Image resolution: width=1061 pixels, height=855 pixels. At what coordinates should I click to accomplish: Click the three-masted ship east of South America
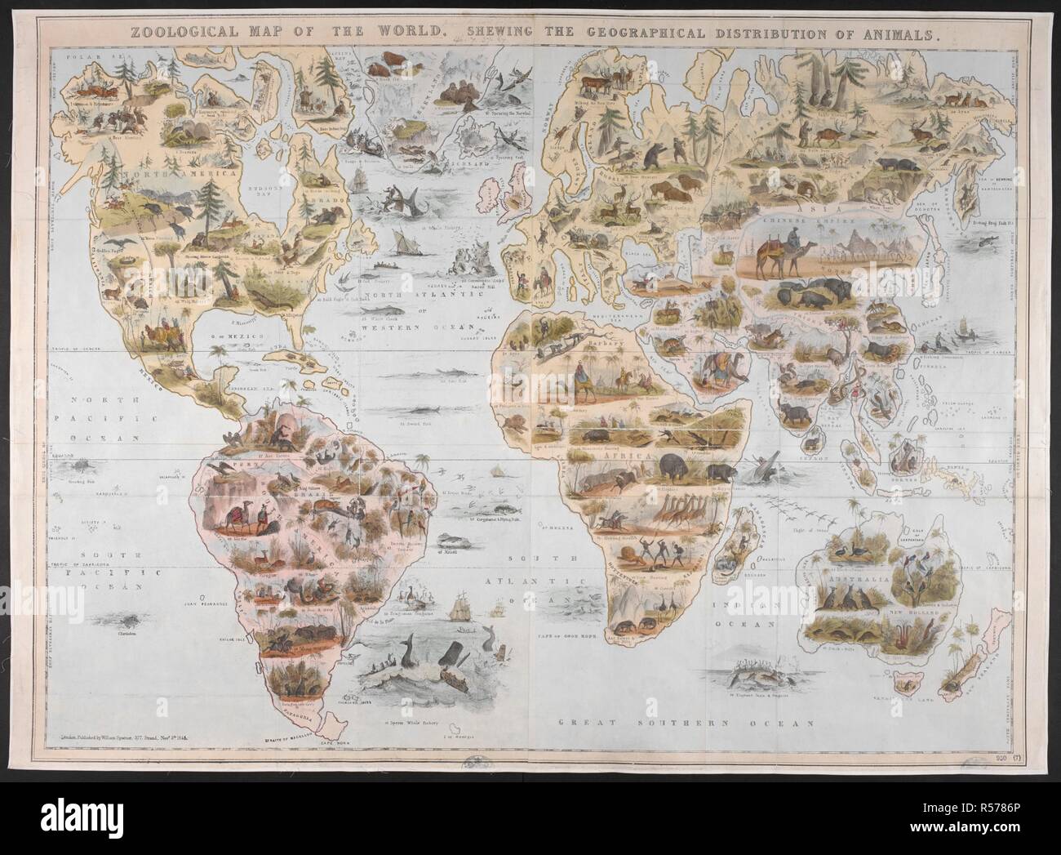458,608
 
